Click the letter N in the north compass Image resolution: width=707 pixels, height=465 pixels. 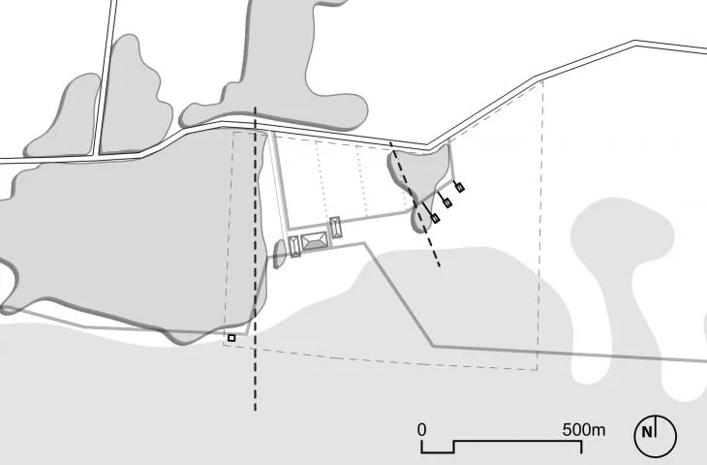point(647,432)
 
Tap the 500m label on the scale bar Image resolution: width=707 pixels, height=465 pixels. point(584,430)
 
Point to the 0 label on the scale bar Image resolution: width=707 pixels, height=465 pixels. point(421,430)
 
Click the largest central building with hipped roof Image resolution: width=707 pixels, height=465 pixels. point(314,241)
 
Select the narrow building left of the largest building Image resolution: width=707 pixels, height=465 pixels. point(294,247)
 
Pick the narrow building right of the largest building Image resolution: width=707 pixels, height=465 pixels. point(335,228)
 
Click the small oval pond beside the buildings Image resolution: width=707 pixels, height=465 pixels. point(280,254)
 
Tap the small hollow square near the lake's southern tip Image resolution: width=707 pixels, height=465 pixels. point(231,338)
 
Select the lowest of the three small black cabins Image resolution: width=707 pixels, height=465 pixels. point(435,218)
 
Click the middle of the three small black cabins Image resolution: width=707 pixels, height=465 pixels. point(447,203)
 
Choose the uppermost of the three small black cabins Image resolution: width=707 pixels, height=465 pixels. point(459,187)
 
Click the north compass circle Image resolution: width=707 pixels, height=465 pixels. point(656,436)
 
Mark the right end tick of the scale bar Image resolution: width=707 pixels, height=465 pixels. point(582,447)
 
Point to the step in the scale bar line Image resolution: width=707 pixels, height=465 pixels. point(453,447)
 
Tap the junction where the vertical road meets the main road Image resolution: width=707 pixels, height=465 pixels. point(97,155)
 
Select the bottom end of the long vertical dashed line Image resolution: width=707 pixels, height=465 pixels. point(256,411)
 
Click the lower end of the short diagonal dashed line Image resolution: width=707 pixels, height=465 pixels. point(440,266)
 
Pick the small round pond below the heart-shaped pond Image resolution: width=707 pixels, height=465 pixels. point(420,218)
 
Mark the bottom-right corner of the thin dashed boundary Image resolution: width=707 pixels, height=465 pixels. point(537,370)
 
